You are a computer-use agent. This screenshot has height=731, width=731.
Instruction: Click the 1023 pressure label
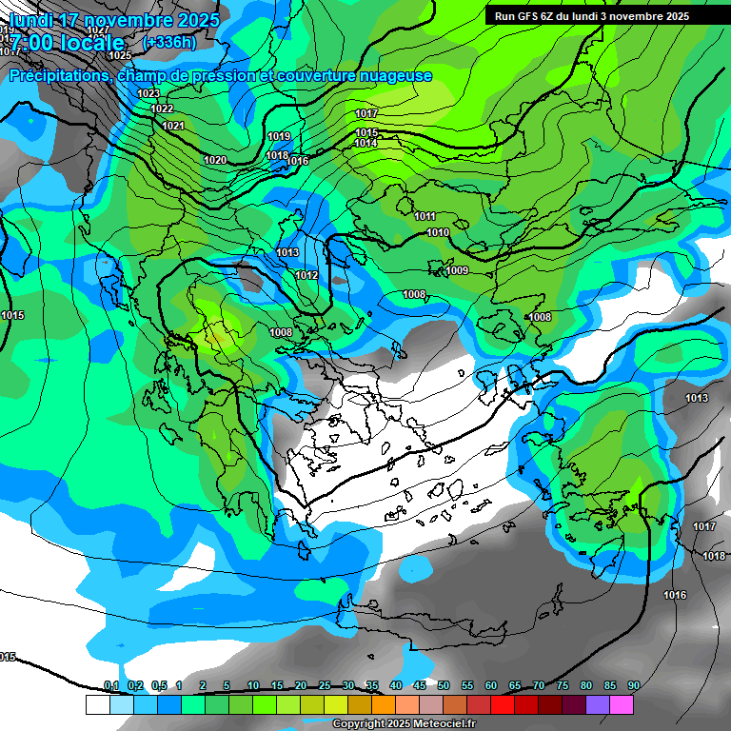pos(148,93)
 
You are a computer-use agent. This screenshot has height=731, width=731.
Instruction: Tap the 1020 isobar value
pos(215,160)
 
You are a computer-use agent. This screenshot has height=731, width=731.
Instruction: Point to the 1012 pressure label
pos(306,275)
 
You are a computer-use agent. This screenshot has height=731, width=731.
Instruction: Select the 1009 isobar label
pos(457,271)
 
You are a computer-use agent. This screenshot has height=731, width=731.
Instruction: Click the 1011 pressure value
pos(425,217)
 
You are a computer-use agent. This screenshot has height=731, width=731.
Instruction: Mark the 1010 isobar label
pos(438,233)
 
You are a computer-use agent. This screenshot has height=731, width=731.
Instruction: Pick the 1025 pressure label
pos(120,56)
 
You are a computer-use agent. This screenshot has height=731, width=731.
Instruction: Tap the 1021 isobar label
pos(172,127)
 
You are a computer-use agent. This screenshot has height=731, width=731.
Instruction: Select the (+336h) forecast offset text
pos(168,42)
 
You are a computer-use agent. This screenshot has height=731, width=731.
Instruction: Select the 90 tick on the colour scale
pos(634,686)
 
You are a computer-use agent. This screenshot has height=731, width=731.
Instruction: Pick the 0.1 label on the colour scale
pos(111,686)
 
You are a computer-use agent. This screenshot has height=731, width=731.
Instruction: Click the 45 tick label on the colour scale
pos(420,686)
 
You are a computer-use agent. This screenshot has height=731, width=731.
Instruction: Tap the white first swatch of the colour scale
pos(97,704)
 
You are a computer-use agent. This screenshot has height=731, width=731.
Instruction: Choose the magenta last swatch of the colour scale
pos(622,704)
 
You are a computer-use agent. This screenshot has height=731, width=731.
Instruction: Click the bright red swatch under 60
pos(503,704)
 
